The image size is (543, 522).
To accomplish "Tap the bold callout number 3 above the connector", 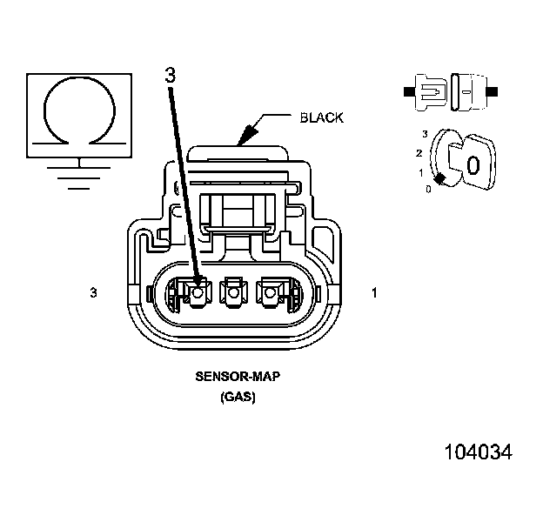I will tap(170, 76).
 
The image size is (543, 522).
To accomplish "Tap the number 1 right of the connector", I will tap(374, 293).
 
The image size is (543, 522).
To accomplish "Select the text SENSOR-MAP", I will tap(231, 379).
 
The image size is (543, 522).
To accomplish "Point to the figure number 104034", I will tap(478, 452).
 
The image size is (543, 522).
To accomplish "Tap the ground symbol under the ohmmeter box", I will tap(80, 174).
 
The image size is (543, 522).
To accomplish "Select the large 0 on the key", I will tap(473, 164).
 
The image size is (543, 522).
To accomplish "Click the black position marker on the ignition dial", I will tap(441, 178).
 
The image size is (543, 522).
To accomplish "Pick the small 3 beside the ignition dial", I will tap(424, 133).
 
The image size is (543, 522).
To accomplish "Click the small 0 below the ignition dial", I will tap(427, 189).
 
